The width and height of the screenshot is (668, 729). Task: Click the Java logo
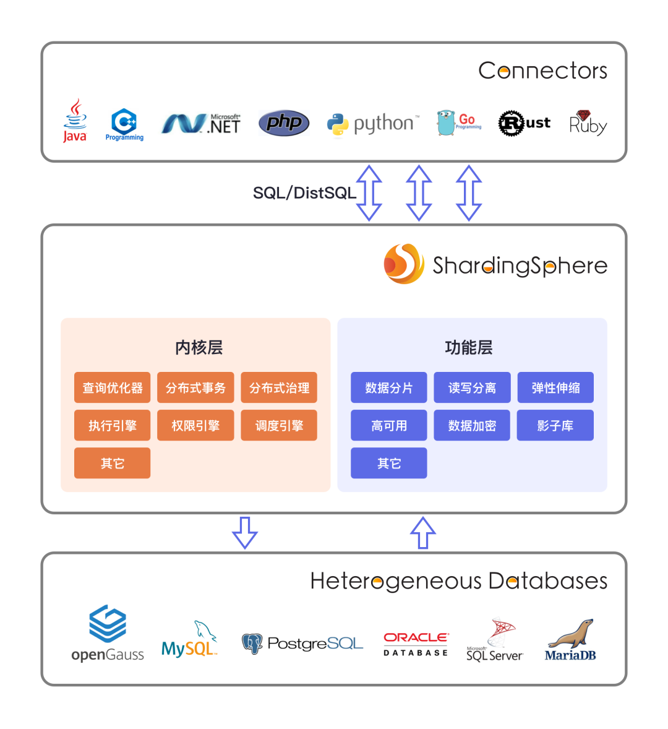pyautogui.click(x=75, y=121)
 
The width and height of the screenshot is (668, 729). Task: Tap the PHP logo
pyautogui.click(x=284, y=123)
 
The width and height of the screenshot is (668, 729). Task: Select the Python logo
pyautogui.click(x=373, y=124)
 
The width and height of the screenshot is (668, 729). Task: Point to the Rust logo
pyautogui.click(x=525, y=123)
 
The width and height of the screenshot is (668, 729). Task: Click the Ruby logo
pyautogui.click(x=588, y=123)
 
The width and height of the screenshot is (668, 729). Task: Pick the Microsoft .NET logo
pyautogui.click(x=202, y=124)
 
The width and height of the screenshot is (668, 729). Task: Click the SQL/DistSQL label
pyautogui.click(x=304, y=193)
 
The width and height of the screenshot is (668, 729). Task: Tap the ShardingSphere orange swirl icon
pyautogui.click(x=404, y=264)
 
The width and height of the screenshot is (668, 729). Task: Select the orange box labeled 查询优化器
pyautogui.click(x=113, y=388)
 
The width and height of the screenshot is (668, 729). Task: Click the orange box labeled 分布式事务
pyautogui.click(x=195, y=388)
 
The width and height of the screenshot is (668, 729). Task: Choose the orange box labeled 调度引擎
pyautogui.click(x=279, y=426)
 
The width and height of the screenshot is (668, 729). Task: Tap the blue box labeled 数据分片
pyautogui.click(x=388, y=388)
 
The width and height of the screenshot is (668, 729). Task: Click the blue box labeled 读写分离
pyautogui.click(x=472, y=388)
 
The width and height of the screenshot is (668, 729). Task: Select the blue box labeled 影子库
pyautogui.click(x=555, y=426)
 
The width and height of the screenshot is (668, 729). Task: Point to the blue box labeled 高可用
pyautogui.click(x=388, y=426)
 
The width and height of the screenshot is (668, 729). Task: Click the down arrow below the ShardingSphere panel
pyautogui.click(x=245, y=532)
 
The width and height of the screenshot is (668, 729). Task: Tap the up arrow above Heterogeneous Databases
pyautogui.click(x=423, y=532)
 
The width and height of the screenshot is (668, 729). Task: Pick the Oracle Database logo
pyautogui.click(x=416, y=644)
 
